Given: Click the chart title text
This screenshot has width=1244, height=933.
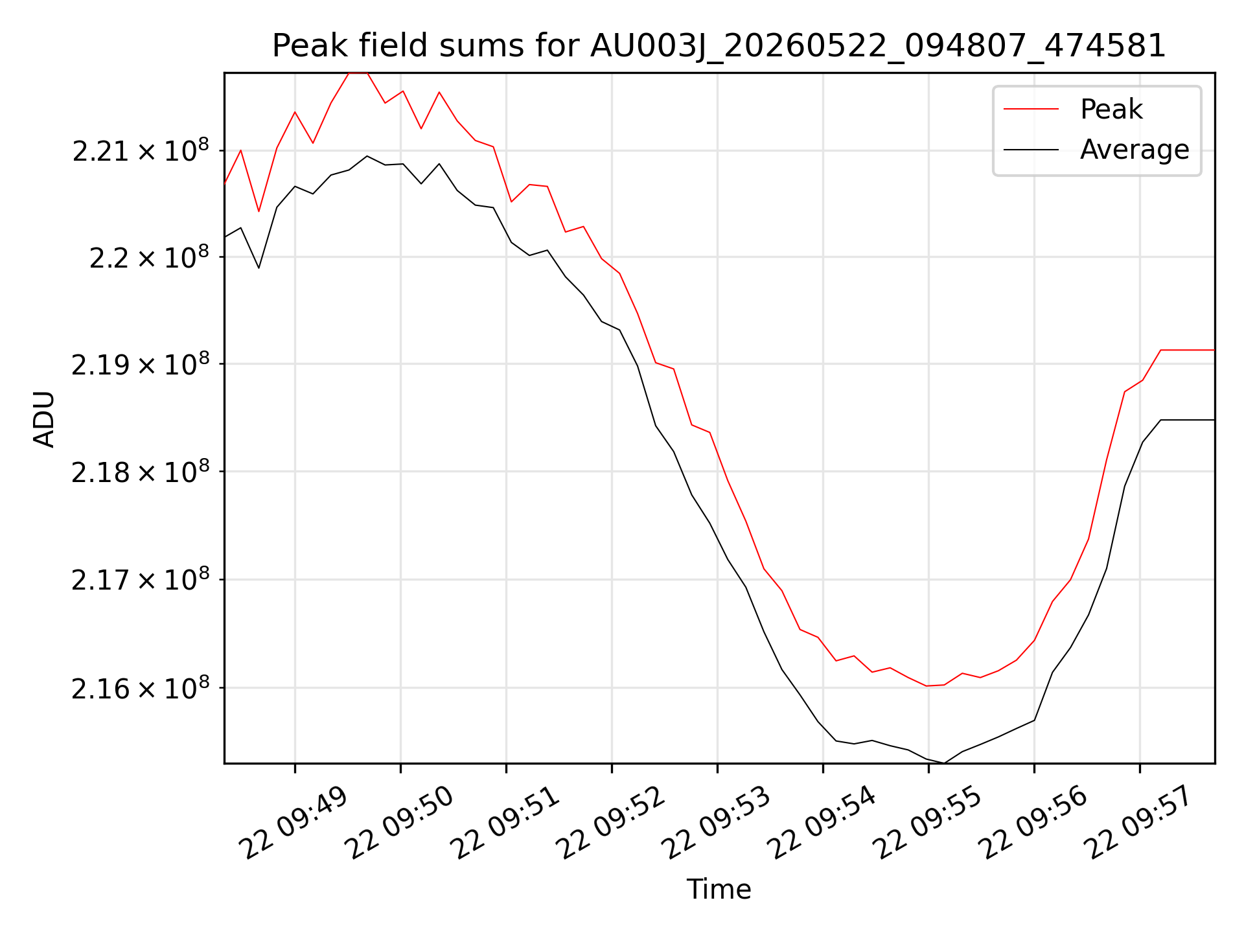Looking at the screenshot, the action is (x=719, y=46).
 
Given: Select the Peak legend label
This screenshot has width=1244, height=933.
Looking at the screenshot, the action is (x=1111, y=109).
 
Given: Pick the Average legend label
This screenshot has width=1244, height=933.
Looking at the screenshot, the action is (x=1135, y=150).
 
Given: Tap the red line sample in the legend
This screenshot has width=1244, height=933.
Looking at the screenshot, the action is (x=1031, y=109).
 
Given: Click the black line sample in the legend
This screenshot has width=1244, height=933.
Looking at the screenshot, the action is (x=1031, y=150).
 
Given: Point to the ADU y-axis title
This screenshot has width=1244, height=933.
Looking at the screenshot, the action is (x=44, y=419).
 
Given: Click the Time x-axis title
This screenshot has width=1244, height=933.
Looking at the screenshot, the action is (x=719, y=889).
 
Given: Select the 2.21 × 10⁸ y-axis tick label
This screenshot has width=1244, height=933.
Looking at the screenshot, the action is (x=141, y=151).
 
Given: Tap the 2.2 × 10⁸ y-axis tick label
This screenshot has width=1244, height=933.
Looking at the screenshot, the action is (x=150, y=258).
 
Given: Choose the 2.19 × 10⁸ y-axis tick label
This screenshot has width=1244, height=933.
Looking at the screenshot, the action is (x=141, y=365).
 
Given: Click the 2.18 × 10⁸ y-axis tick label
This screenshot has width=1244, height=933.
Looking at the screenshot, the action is (x=141, y=472).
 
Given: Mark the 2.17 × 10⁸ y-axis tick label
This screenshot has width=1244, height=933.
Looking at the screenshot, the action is (x=141, y=580).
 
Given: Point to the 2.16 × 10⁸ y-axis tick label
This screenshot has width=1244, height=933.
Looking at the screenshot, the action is (x=141, y=688).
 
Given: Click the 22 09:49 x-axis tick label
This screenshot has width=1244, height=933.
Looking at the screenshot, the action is (x=294, y=824).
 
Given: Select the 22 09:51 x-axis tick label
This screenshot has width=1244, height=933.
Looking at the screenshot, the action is (x=505, y=824).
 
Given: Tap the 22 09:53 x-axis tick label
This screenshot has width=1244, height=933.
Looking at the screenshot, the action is (x=717, y=824).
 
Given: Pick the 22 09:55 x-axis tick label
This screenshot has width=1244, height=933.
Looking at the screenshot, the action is (x=928, y=824).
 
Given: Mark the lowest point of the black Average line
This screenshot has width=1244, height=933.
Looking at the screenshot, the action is (x=945, y=763).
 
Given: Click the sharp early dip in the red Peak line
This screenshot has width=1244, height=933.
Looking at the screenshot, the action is (x=259, y=211).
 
